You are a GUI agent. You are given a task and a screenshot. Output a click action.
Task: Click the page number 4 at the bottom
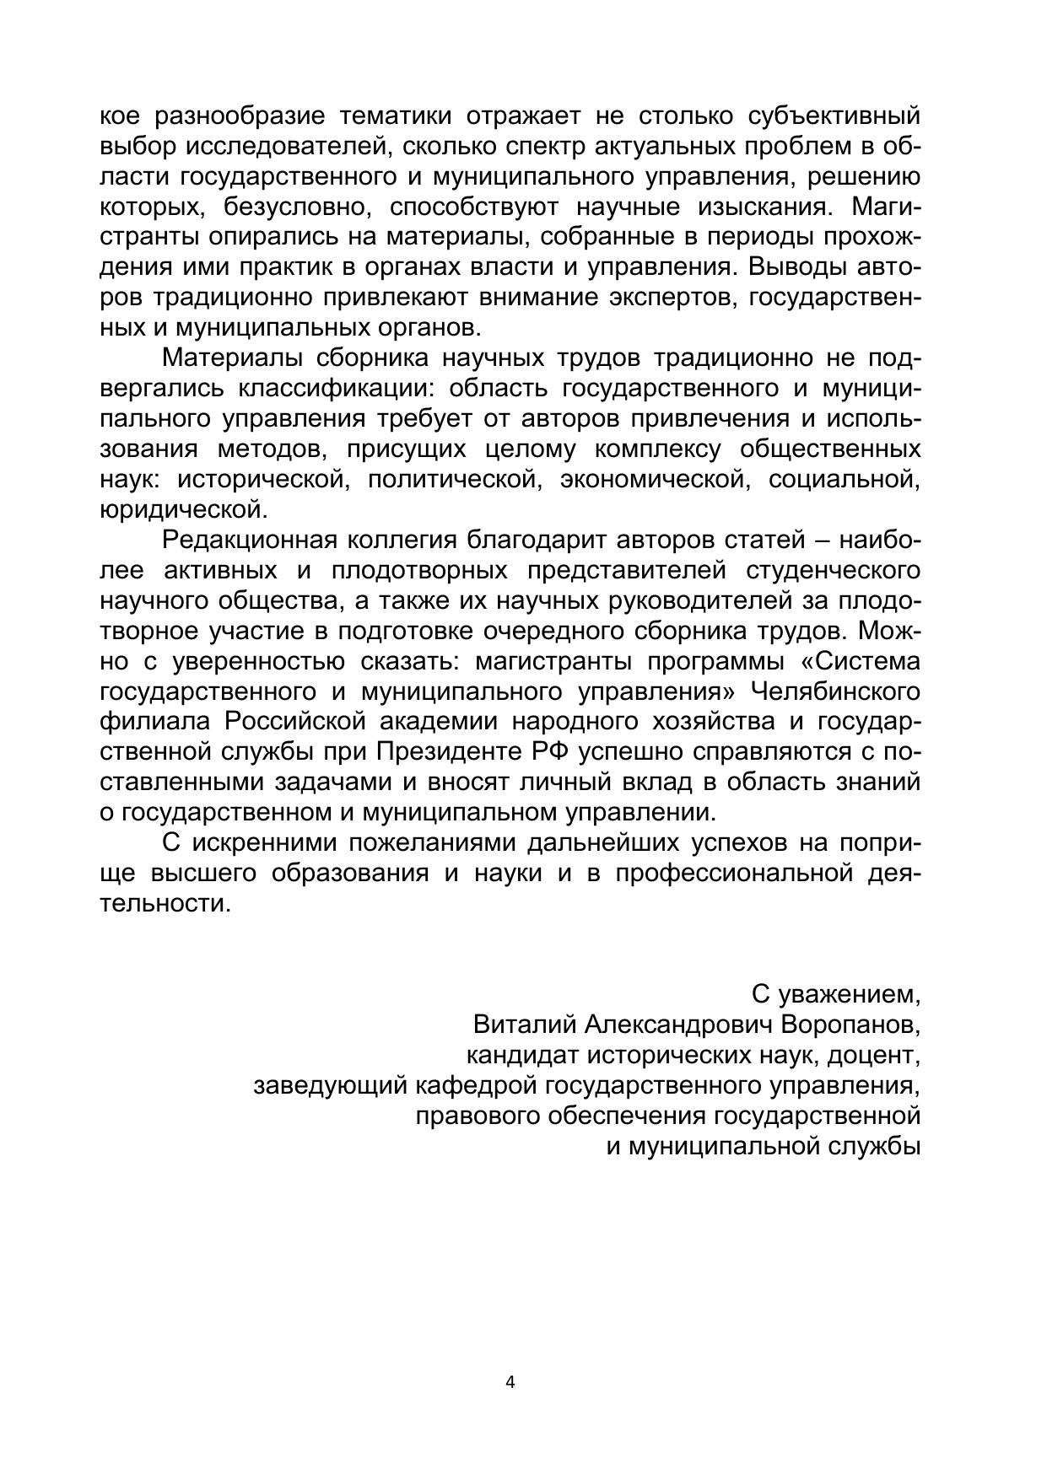coord(510,1382)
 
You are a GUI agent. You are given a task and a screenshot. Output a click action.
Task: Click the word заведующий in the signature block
coord(332,1085)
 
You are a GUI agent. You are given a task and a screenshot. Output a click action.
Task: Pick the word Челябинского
coord(835,691)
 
